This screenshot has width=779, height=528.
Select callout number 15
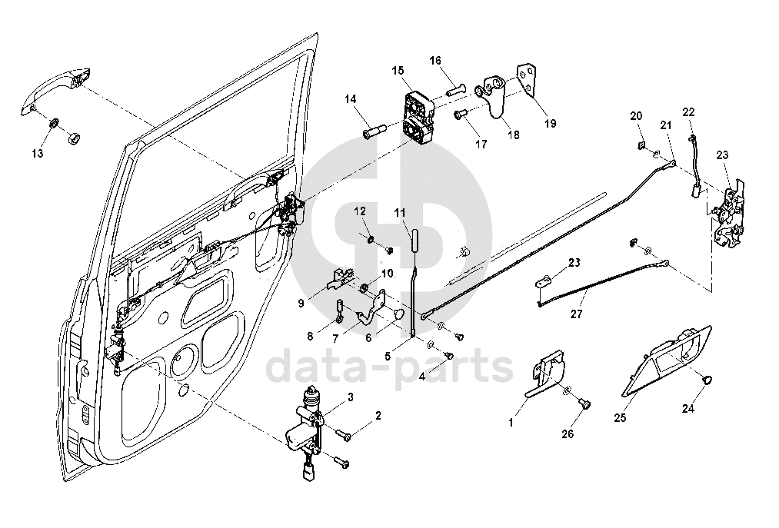(398, 71)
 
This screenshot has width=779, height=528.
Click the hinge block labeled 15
(418, 117)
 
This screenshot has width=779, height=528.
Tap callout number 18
(513, 134)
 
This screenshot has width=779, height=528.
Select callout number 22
(688, 111)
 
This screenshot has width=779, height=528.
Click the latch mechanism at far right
(729, 214)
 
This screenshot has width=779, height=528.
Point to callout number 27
(577, 314)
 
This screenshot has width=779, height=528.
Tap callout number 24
(688, 408)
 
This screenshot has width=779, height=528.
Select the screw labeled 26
(583, 402)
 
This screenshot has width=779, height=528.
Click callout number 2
(378, 417)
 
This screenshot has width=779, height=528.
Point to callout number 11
(399, 212)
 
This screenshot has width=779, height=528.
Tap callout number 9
(302, 303)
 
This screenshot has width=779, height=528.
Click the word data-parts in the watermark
(389, 367)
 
